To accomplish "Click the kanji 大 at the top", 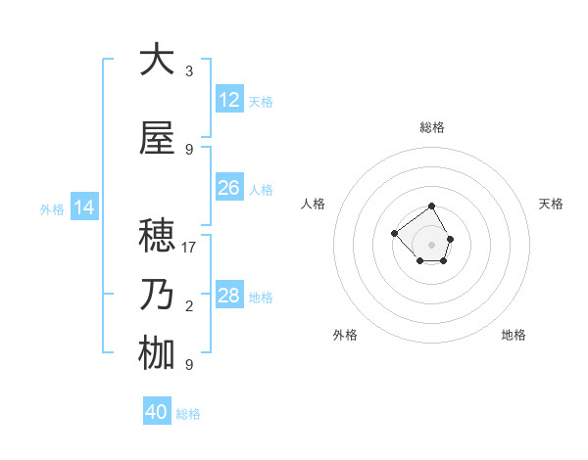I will [157, 60].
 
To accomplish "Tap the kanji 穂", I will [157, 236].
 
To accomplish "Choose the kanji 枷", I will [157, 353].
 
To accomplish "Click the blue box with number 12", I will [228, 100].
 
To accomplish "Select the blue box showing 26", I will [228, 188].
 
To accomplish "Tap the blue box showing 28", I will [228, 296].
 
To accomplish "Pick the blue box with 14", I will [83, 207].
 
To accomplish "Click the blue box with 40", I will [157, 412].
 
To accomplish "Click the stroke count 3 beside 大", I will [189, 71].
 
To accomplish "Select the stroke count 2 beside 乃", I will [189, 307].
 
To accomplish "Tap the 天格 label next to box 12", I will [261, 102].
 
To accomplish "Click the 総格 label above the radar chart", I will [432, 127].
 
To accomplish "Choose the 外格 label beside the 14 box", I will [52, 208].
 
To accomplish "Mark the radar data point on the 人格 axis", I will [394, 233].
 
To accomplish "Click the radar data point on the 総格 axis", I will [432, 207].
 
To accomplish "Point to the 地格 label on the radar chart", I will [514, 335].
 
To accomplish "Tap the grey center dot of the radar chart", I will [432, 244].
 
